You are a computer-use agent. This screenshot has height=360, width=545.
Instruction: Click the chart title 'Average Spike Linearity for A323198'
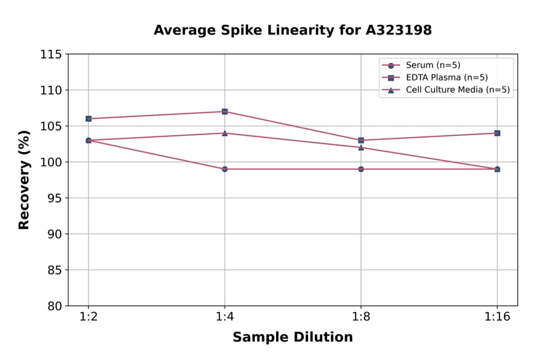(292, 30)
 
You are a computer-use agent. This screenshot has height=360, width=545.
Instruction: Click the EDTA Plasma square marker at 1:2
(88, 119)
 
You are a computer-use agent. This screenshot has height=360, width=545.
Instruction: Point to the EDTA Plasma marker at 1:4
(225, 112)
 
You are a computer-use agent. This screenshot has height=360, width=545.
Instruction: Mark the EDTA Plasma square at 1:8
(361, 140)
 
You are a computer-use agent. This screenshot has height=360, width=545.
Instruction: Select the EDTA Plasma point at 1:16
(497, 133)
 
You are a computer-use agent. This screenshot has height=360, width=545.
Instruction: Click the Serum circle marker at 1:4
(225, 169)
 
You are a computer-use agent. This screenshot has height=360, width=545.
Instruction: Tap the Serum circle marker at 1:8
(361, 169)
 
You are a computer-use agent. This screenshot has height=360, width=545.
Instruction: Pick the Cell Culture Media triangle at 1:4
(225, 133)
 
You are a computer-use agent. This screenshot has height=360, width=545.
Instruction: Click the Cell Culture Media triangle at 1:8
(361, 147)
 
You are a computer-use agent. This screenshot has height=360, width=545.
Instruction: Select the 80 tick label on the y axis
(54, 306)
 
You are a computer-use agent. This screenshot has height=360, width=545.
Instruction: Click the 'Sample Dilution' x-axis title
(292, 338)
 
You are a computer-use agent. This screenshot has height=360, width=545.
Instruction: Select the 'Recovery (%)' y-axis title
(24, 180)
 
